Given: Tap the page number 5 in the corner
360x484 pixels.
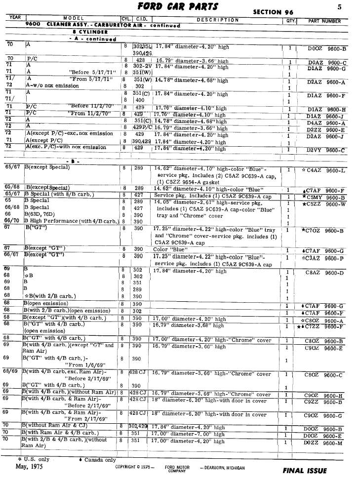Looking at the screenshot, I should point(340,7).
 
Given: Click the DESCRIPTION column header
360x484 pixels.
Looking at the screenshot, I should point(217,20).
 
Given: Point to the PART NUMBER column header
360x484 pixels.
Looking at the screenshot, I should point(324,21).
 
